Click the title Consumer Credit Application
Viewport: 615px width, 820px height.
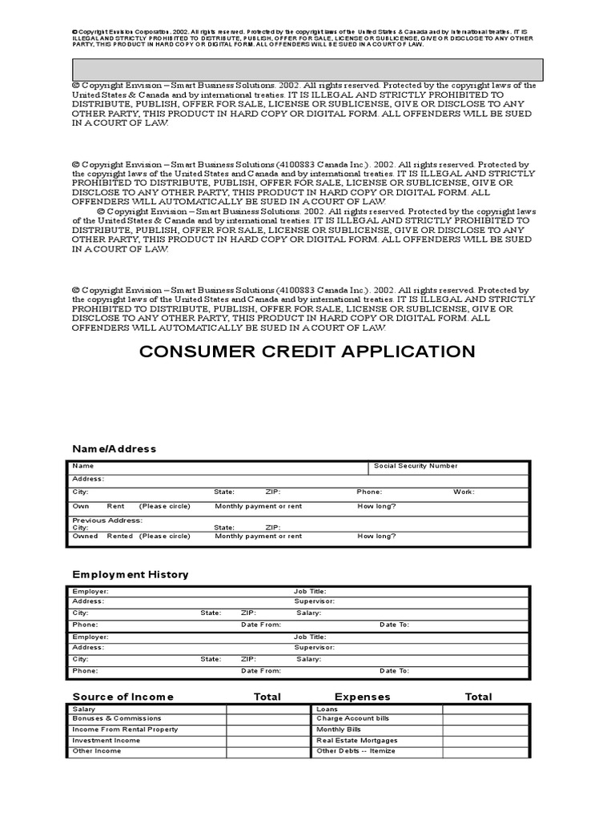tap(307, 352)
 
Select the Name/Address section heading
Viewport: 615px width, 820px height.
tap(115, 448)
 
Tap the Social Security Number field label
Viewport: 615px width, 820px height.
tap(416, 466)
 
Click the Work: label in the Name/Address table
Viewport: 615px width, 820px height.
tap(464, 492)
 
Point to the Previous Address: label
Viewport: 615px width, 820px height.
tap(107, 520)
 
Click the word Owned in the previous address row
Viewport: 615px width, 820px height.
tap(85, 537)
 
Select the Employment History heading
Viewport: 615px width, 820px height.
tap(131, 574)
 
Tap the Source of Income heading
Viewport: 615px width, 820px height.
tap(123, 697)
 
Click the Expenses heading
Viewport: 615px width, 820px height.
tap(362, 697)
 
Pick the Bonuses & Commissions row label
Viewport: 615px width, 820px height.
tap(116, 719)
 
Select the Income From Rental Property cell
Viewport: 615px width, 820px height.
tap(125, 730)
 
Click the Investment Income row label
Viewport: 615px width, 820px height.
tap(106, 741)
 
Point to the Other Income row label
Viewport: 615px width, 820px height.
tap(97, 751)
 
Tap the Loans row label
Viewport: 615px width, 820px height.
tap(327, 709)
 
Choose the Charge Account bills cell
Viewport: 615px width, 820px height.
tap(352, 719)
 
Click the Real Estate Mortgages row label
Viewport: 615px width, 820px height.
tap(356, 741)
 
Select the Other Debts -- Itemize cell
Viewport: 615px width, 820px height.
tap(356, 751)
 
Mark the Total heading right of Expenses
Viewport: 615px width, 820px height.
tap(478, 697)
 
